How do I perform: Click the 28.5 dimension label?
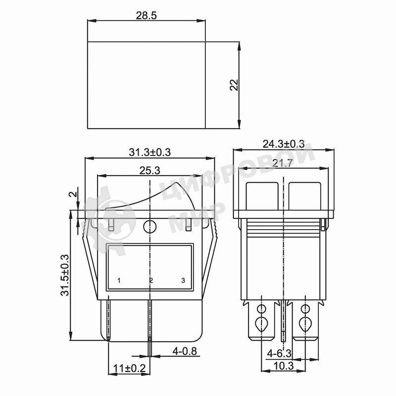(146, 16)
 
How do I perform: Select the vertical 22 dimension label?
(234, 85)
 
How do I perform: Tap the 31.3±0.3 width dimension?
(150, 152)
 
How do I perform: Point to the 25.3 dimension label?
(150, 170)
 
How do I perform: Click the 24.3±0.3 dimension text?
(284, 144)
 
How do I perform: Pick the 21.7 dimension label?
(283, 163)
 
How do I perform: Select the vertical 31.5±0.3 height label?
(65, 275)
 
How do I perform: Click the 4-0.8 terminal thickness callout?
(184, 351)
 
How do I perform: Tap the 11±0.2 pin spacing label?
(129, 368)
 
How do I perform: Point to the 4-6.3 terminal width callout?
(279, 353)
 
